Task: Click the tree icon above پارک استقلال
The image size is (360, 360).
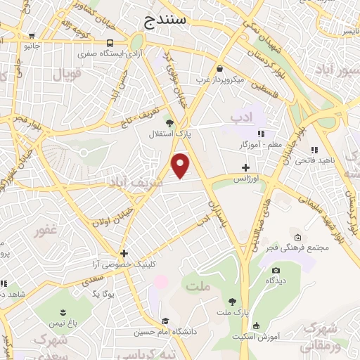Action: point(169,122)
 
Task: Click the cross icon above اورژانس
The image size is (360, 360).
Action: point(245,167)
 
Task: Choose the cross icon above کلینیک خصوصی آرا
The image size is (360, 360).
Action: point(124,253)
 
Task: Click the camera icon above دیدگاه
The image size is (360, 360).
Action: point(276,271)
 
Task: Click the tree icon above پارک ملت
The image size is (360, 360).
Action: point(233,301)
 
